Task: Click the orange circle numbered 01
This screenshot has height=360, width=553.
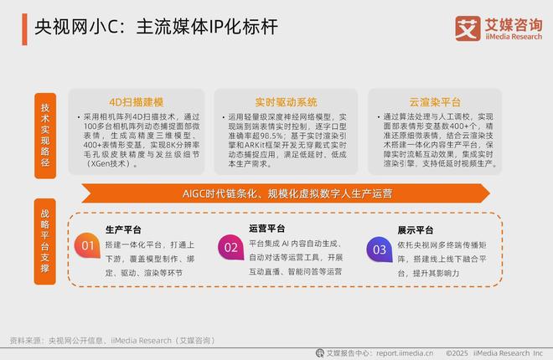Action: pos(85,247)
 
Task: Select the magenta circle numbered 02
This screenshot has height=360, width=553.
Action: pos(230,247)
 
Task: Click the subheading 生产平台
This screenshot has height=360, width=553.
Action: pos(124,229)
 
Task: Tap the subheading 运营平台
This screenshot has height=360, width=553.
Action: pos(267,228)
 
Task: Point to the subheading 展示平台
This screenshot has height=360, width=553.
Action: pos(414,229)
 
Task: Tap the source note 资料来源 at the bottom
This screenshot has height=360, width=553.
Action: pos(25,340)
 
